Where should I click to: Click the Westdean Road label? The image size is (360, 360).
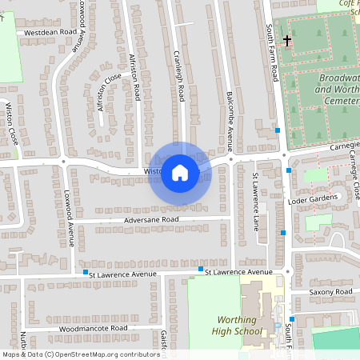coord(50,33)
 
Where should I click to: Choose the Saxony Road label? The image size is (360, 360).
coord(332,293)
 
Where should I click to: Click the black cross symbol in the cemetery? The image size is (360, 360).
coord(287,39)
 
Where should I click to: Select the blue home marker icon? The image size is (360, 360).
coord(180,172)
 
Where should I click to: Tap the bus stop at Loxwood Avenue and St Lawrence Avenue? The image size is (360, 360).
coord(86,273)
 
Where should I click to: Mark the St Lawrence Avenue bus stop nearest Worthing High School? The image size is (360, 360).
coord(201,270)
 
